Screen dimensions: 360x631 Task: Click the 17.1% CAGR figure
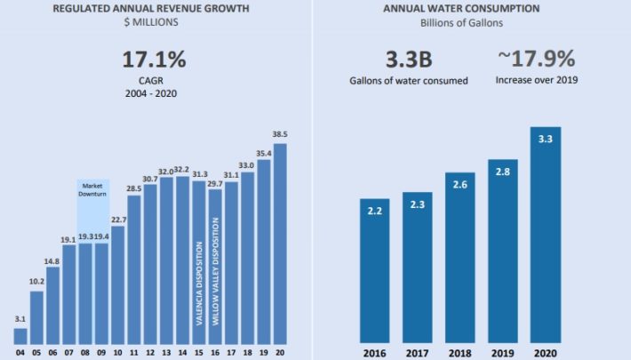click(154, 61)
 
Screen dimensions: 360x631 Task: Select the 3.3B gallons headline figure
click(407, 60)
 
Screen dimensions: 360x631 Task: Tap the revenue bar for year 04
click(20, 336)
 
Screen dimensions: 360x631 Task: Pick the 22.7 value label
click(118, 220)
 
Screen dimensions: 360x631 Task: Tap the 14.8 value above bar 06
click(52, 261)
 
